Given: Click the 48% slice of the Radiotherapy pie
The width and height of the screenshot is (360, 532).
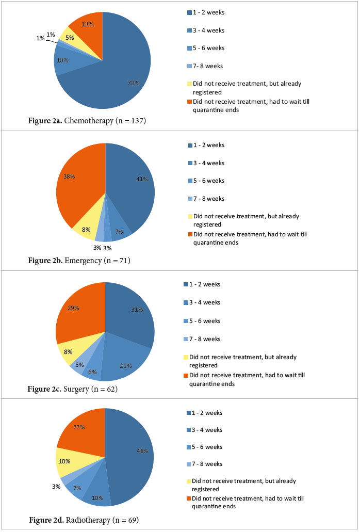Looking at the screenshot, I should pos(132,454).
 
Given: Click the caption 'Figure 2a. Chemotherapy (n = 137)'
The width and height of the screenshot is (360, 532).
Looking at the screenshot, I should pos(87,121).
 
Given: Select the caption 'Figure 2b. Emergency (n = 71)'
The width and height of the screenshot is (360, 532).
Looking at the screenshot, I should pos(79,261).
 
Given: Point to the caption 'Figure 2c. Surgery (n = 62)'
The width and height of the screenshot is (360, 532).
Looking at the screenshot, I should pos(73,389).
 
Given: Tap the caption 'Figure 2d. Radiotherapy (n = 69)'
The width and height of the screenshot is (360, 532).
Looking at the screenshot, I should pos(84,519).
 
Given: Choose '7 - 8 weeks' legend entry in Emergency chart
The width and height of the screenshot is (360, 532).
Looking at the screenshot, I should pos(208,199).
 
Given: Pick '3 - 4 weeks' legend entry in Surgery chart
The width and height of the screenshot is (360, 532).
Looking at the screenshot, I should pos(205,302).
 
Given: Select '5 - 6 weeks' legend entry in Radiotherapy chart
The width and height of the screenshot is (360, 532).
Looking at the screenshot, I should pos(207,447).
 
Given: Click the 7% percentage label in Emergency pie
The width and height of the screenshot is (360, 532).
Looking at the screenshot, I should pos(119,231).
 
